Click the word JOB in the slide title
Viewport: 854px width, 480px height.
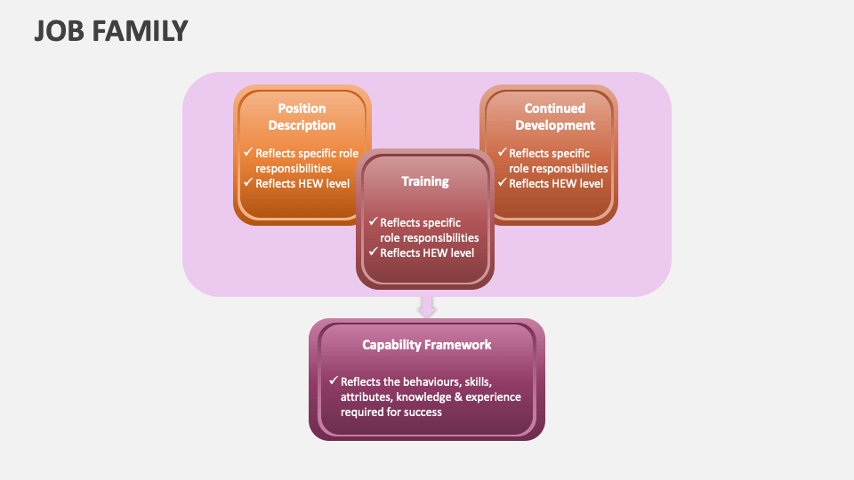(56, 31)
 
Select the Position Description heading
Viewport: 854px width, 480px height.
(302, 117)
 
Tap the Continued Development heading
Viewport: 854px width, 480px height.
(555, 117)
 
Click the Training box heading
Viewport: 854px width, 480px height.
(425, 181)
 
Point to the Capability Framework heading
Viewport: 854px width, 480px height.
(427, 345)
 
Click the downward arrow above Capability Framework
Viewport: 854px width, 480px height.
(427, 307)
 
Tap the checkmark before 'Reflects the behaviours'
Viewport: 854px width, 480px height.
(333, 380)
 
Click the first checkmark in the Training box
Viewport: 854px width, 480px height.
(373, 221)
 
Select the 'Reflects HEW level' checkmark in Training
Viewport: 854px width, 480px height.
(373, 252)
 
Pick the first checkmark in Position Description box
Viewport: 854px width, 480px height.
(248, 153)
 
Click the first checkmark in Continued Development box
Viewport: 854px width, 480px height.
(502, 153)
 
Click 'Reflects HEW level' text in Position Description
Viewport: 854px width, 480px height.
(302, 184)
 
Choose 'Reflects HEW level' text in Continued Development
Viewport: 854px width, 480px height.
(556, 184)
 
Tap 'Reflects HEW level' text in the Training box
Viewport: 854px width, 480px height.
(427, 252)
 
